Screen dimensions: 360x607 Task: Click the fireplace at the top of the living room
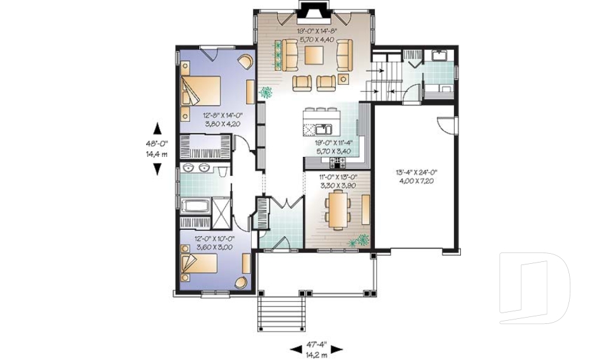[x=312, y=13]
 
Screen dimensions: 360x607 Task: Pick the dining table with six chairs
[x=338, y=211]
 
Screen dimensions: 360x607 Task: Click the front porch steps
[x=281, y=313]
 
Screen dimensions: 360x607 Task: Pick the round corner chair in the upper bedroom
[x=245, y=61]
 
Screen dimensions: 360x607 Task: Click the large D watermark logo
[x=534, y=288]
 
